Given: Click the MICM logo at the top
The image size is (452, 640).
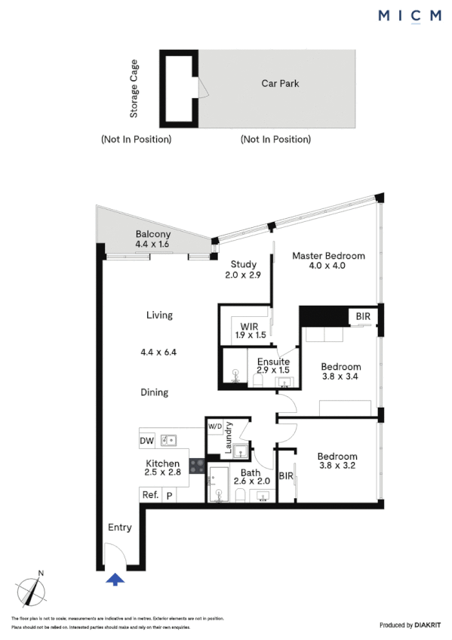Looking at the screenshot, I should click(x=409, y=16).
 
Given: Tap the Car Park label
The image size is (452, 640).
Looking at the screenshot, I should click(x=280, y=84).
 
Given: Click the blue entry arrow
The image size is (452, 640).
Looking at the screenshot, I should click(x=115, y=580).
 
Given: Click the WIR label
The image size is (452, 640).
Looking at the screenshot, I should click(x=239, y=326).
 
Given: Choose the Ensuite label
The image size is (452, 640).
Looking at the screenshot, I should click(x=272, y=362).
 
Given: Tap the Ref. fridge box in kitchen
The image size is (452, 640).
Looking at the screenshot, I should click(x=149, y=495).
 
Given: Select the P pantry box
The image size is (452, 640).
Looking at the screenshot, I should click(x=170, y=495).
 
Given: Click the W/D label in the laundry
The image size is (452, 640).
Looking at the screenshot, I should click(x=216, y=426).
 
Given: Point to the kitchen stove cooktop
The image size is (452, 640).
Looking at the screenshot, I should click(x=197, y=466).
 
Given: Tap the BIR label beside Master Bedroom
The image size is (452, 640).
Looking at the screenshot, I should click(x=363, y=315).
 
